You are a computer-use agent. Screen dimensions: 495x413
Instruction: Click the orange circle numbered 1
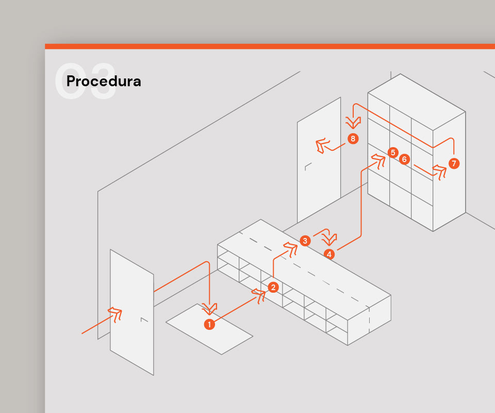[x=209, y=324]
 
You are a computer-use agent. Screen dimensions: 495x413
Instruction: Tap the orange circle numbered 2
[x=273, y=287]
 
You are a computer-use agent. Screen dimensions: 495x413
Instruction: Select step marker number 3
[x=305, y=241]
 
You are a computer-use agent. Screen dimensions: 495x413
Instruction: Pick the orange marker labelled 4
[x=329, y=254]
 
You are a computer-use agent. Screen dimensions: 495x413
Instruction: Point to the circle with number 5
[x=393, y=153]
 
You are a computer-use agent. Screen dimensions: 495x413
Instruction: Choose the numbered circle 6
[x=404, y=159]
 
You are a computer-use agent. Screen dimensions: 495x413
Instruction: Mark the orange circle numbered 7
[x=454, y=163]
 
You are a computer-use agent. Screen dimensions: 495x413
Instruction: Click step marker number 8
[x=353, y=138]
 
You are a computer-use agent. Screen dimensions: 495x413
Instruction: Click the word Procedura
[x=104, y=82]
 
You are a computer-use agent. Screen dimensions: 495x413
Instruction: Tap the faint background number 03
[x=85, y=81]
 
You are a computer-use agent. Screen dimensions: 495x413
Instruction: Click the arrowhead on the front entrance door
[x=115, y=314]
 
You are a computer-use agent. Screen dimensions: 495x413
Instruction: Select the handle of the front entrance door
[x=144, y=320]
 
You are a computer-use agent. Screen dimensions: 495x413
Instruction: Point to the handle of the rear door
[x=308, y=167]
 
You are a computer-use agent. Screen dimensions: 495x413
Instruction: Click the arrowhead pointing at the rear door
[x=322, y=146]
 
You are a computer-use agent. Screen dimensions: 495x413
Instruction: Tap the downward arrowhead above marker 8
[x=353, y=122]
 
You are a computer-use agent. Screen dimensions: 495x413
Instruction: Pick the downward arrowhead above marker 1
[x=209, y=309]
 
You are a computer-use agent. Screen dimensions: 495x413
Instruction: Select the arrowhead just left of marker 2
[x=259, y=295]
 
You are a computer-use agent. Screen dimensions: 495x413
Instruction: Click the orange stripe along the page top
[x=270, y=46]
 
